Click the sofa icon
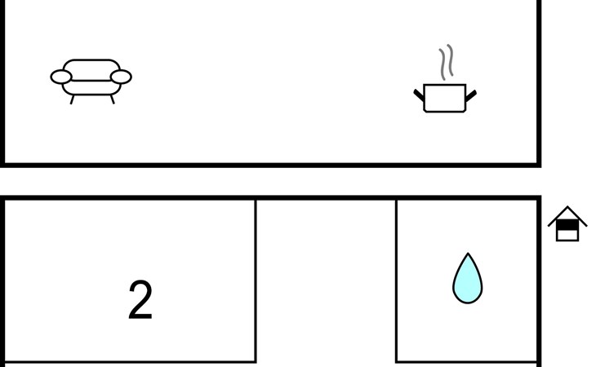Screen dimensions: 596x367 tap(91, 82)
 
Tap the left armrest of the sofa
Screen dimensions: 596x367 tap(60, 77)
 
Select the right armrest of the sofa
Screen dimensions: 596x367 tap(121, 77)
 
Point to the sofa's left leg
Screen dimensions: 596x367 tap(72, 99)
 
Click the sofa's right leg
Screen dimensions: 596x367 tap(112, 99)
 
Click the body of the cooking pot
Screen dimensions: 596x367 tap(445, 98)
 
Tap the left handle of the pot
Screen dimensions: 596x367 tap(419, 95)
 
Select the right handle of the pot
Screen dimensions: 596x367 tap(471, 95)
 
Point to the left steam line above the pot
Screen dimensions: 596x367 tap(443, 64)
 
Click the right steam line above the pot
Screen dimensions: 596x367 tap(451, 60)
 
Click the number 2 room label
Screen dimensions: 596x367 tap(140, 300)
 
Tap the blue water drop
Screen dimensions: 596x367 tap(468, 279)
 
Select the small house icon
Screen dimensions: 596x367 tap(567, 224)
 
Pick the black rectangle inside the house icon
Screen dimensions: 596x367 tap(567, 225)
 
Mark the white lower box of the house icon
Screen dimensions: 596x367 tap(567, 235)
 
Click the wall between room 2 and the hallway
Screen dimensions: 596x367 tap(256, 281)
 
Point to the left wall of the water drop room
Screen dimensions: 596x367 tap(397, 281)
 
